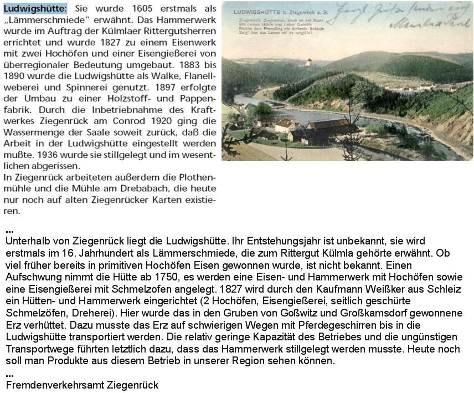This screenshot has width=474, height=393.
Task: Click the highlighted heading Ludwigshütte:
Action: pos(35,9)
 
